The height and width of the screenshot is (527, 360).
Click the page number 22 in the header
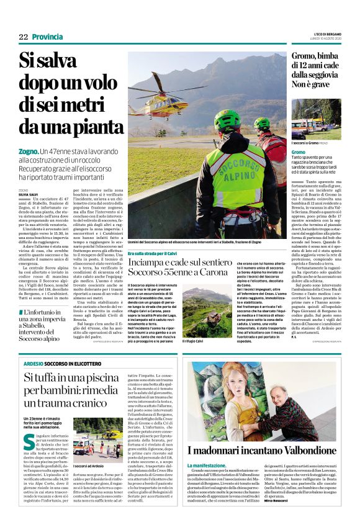tap(23, 37)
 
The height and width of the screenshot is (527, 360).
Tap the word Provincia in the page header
tap(46, 37)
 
